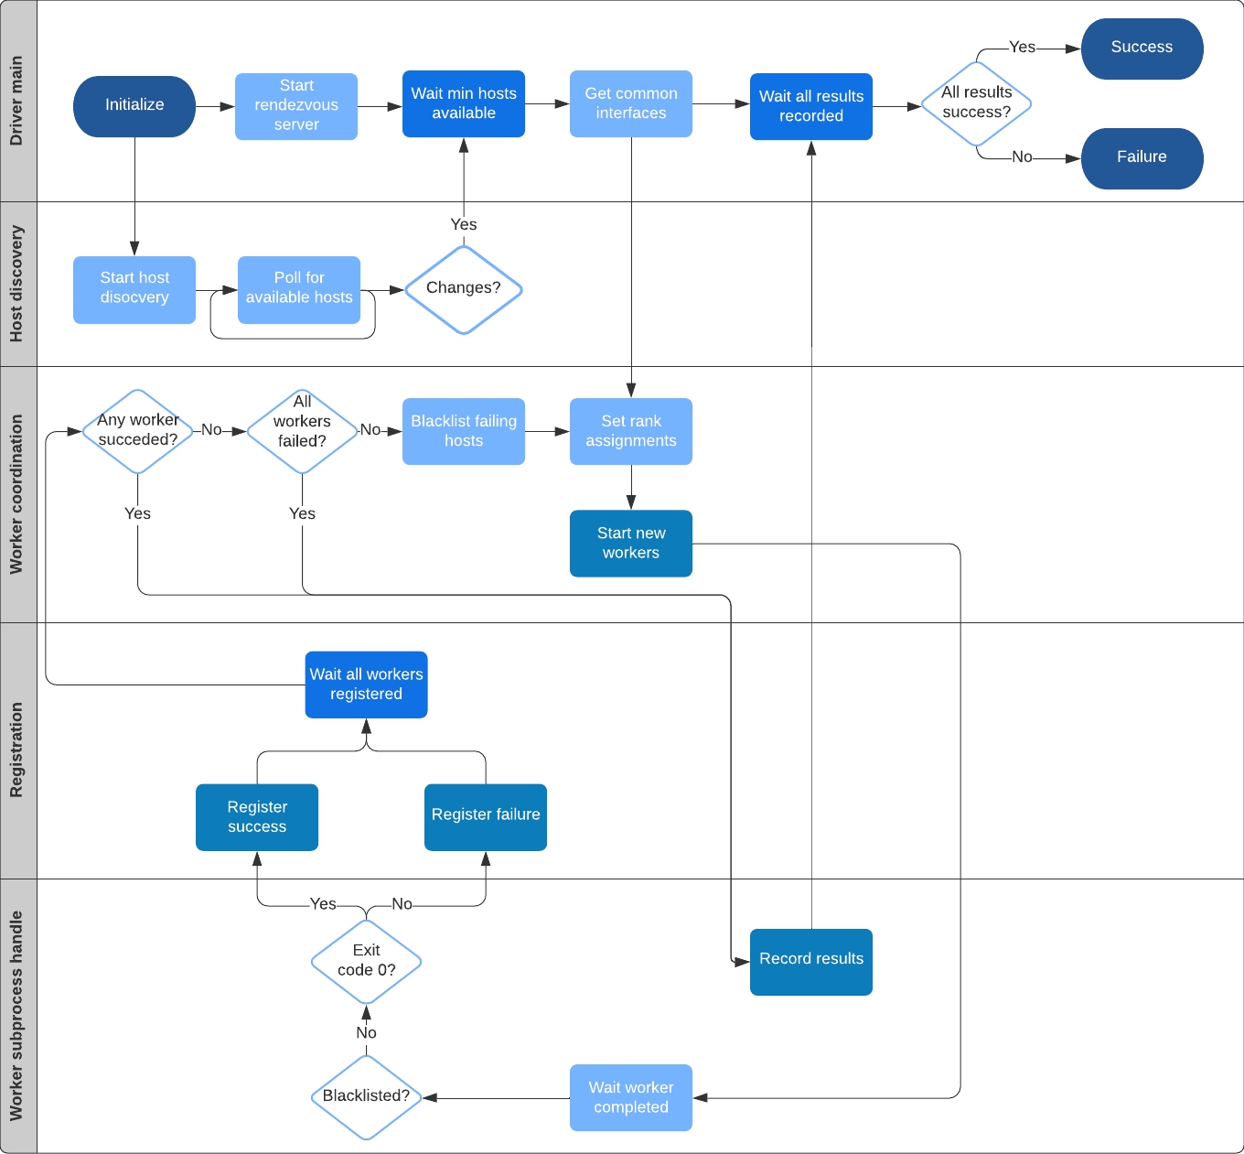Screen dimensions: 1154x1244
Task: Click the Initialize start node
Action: (x=134, y=106)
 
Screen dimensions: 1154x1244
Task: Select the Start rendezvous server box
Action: (x=296, y=106)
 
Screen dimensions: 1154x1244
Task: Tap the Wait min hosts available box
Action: (x=464, y=103)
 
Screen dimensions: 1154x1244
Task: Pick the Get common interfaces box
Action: (x=631, y=103)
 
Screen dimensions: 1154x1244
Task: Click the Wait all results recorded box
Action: (x=811, y=106)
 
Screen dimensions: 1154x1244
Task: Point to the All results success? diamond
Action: (x=977, y=103)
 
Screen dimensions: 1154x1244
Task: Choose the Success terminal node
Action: (x=1142, y=49)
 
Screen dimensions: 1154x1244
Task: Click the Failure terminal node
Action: (x=1142, y=158)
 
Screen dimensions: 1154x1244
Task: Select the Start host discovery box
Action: (x=134, y=289)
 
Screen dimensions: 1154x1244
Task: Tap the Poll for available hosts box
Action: (x=299, y=289)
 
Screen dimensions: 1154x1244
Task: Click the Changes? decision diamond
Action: (x=464, y=289)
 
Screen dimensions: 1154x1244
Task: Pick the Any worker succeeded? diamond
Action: (x=138, y=431)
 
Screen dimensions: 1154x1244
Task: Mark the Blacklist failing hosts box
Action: (x=464, y=431)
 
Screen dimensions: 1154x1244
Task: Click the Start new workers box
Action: (x=631, y=544)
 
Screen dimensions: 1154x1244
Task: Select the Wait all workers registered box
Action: (x=366, y=685)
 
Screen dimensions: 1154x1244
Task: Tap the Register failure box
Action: (x=486, y=816)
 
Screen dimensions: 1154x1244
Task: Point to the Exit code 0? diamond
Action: (x=366, y=962)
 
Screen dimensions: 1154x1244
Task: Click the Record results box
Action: (x=811, y=962)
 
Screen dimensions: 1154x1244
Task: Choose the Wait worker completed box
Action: (x=631, y=1097)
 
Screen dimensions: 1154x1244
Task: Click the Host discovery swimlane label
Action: (x=17, y=284)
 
